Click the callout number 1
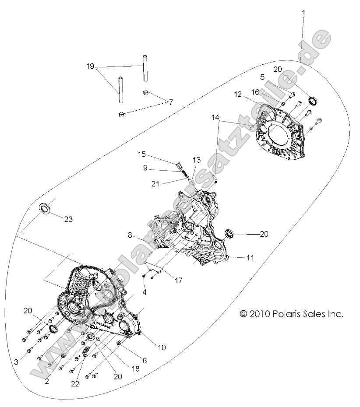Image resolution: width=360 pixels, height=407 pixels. (303, 13)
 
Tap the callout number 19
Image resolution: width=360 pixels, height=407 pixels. (91, 67)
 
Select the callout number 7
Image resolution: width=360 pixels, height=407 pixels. (171, 102)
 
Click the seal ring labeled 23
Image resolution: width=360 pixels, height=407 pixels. (45, 208)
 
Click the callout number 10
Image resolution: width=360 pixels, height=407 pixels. (162, 348)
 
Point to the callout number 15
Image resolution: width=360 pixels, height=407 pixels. (141, 154)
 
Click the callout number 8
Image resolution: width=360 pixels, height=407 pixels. (130, 235)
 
